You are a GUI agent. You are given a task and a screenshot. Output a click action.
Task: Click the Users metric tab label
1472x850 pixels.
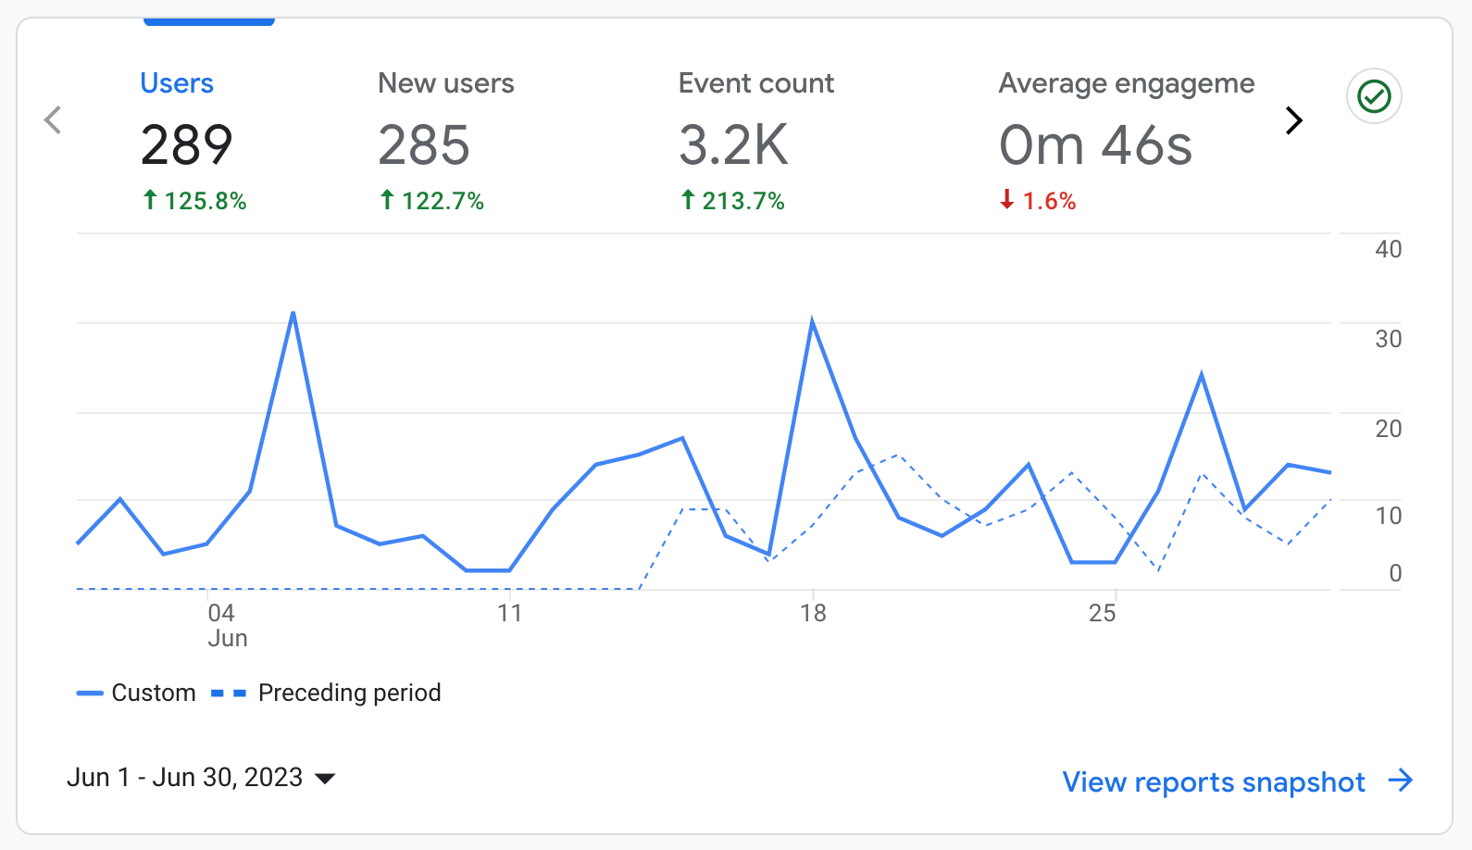[x=177, y=83]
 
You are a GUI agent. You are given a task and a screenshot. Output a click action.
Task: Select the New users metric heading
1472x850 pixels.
[x=445, y=83]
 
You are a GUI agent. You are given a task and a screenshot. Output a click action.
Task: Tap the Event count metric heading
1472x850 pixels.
[x=755, y=83]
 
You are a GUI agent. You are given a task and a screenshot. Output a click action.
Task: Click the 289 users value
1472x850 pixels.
[x=186, y=145]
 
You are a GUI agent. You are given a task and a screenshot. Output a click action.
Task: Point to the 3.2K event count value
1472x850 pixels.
[x=733, y=145]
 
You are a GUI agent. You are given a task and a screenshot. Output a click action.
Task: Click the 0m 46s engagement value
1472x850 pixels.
[x=1095, y=145]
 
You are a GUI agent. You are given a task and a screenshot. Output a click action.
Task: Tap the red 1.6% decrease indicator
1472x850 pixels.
[x=1038, y=201]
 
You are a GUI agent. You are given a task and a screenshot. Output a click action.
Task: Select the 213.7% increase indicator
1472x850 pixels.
[x=732, y=201]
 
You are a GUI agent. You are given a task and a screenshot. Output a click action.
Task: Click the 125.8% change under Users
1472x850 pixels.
[x=194, y=201]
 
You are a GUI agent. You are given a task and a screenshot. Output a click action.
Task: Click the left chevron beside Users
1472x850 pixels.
[x=54, y=119]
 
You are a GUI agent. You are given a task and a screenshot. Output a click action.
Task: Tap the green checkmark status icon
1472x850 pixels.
[x=1374, y=96]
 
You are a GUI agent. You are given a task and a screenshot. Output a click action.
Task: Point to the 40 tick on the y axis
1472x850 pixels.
[x=1388, y=249]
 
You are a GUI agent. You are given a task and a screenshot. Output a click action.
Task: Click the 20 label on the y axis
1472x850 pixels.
[x=1388, y=429]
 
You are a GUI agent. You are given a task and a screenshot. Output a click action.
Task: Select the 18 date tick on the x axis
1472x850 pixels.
[x=813, y=613]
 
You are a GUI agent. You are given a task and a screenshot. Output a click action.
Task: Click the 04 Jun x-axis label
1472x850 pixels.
[x=222, y=624]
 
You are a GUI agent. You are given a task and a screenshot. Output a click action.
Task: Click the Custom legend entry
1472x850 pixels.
[x=137, y=693]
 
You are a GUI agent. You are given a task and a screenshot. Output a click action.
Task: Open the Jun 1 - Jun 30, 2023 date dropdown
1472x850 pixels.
[x=201, y=778]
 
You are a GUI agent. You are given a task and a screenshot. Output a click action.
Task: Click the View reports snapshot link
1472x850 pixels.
[x=1237, y=781]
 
